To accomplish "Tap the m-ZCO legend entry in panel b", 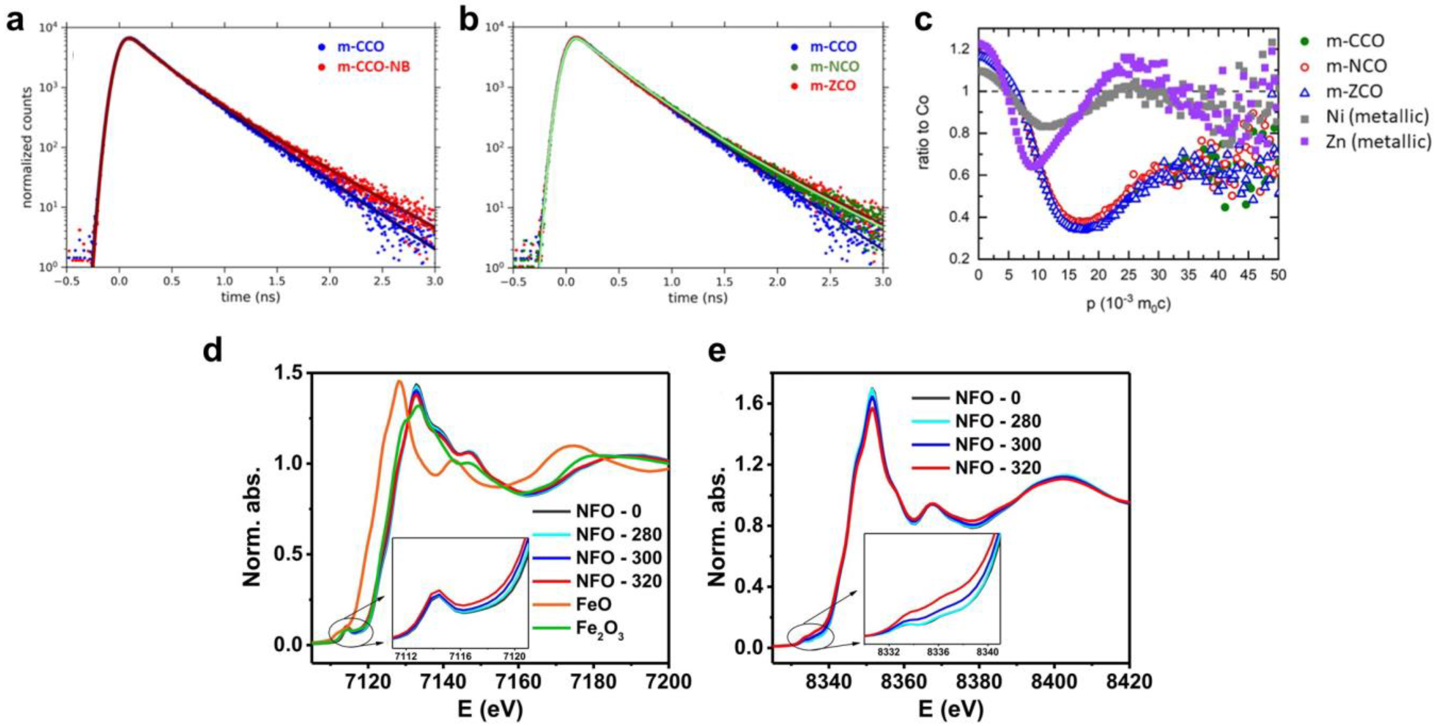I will click(830, 86).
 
